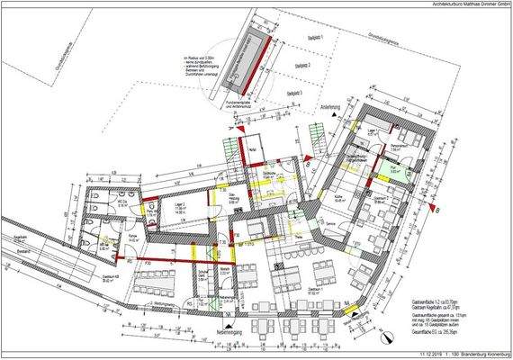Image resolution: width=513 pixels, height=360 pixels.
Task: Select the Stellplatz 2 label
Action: point(302,66)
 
